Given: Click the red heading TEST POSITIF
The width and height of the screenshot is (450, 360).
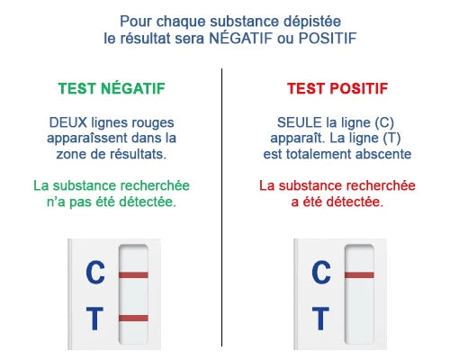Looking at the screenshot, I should coord(337,89).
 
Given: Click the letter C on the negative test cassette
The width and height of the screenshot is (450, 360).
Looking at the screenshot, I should coord(94,272).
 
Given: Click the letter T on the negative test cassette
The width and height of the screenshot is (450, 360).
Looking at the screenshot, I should coord(94,317).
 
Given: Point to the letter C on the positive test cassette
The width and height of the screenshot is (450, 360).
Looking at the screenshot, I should coord(320,272).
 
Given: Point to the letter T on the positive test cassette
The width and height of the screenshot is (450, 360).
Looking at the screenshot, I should coord(320,317).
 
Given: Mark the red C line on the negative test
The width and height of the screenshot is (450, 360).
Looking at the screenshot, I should coord(133,274).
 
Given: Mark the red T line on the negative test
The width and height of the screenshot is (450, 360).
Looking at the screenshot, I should coord(133,317).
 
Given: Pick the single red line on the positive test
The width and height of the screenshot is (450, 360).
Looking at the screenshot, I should coord(359,274).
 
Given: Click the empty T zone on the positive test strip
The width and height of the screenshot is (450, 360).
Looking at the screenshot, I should coord(359,317).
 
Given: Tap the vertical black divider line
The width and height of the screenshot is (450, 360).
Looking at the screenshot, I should coord(221,207).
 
